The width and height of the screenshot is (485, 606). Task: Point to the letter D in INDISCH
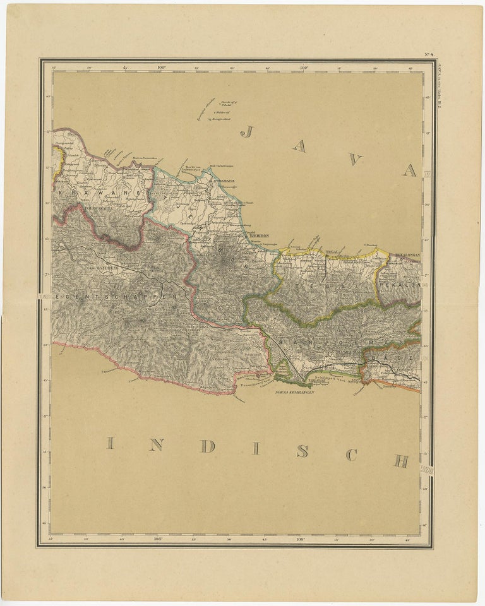[x=207, y=446]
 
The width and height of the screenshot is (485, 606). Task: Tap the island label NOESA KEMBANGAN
[x=294, y=392]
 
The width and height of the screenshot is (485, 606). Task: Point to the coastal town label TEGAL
[x=333, y=252]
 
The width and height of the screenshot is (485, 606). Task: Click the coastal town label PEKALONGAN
[x=407, y=254]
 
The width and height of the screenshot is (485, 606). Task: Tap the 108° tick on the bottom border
[x=158, y=538]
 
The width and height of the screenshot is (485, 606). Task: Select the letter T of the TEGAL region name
[x=292, y=285]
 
